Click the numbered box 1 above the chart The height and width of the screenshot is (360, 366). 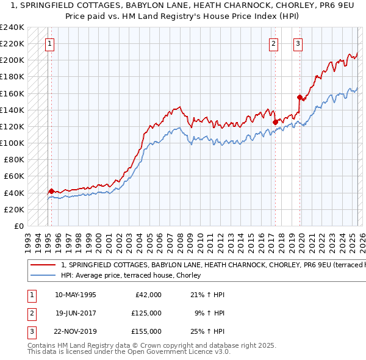49,43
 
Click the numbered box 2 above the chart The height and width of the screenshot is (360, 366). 273,43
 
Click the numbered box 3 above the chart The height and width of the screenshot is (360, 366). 298,43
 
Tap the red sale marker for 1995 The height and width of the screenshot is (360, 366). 51,191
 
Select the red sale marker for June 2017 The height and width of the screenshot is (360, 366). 275,122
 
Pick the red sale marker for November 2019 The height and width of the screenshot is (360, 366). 300,97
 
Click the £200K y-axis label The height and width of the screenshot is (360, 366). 12,60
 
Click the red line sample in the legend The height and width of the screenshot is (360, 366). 43,265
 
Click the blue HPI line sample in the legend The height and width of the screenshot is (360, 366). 43,276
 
